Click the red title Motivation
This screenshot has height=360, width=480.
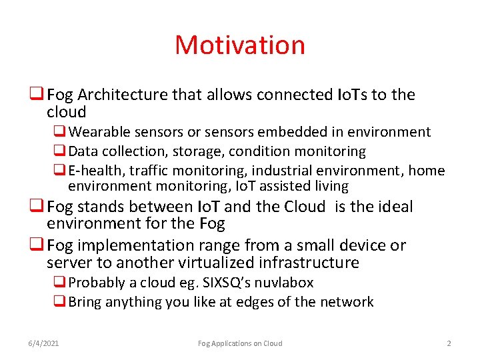tap(240, 45)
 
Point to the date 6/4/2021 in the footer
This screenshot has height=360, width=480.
tap(43, 343)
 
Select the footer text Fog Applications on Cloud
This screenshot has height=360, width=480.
tap(240, 343)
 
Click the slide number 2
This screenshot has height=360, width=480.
tap(449, 343)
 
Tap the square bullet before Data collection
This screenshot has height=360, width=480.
tap(58, 151)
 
